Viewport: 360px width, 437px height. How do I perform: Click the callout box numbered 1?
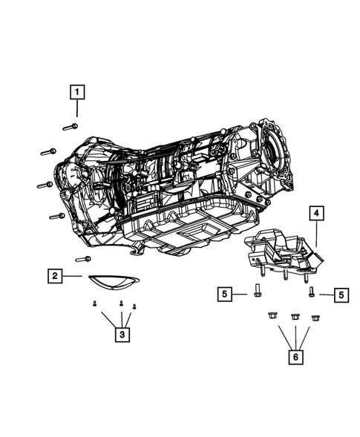pyautogui.click(x=76, y=93)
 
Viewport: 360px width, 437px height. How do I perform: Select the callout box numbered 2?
pyautogui.click(x=55, y=276)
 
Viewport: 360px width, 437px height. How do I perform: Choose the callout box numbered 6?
pyautogui.click(x=295, y=356)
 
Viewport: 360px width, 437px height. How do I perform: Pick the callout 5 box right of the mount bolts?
pyautogui.click(x=341, y=295)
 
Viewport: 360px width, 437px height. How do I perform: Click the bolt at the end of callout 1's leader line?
pyautogui.click(x=71, y=126)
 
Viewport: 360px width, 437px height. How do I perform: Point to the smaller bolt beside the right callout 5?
pyautogui.click(x=312, y=292)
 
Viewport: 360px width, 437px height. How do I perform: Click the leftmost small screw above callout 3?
pyautogui.click(x=94, y=303)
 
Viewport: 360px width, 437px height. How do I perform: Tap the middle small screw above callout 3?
pyautogui.click(x=121, y=303)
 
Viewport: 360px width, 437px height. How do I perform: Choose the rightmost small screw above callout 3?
pyautogui.click(x=134, y=306)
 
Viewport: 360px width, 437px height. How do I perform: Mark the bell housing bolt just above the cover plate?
pyautogui.click(x=83, y=259)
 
